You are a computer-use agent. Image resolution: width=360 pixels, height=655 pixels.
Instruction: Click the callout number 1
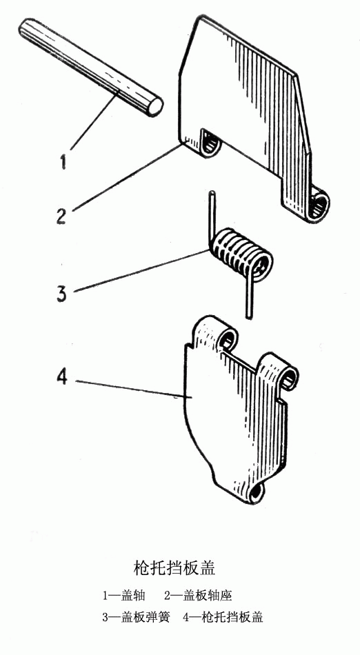pos(63,161)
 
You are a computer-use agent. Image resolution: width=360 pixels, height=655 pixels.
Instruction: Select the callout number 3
pos(61,294)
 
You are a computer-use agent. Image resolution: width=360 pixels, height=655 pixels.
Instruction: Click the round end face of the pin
pos(155,106)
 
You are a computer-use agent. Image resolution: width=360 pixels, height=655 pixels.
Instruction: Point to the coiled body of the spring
pos(241,255)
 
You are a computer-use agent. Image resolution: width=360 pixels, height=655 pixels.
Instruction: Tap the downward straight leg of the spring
pos(249,296)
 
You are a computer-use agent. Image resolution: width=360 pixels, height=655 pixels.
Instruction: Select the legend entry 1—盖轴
pos(123,595)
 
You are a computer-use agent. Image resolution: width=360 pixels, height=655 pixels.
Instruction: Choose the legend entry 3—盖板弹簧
pos(136,617)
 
